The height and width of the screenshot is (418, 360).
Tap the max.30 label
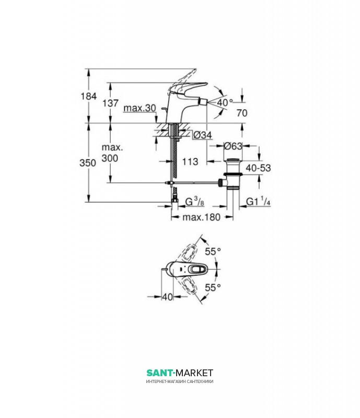coord(141,108)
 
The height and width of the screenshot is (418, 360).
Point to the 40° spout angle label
coord(224,102)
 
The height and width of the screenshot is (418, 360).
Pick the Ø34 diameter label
coord(202,135)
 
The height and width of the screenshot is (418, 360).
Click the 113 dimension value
coord(190,162)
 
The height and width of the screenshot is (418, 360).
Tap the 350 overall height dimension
coord(89,162)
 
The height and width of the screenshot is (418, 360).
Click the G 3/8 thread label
coord(190,201)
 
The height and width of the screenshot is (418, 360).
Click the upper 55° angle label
coord(212,251)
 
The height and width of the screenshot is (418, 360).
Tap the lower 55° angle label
coord(212,287)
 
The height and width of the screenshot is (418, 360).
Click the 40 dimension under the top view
coord(167,296)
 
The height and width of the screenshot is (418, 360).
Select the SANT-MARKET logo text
coord(180,373)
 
